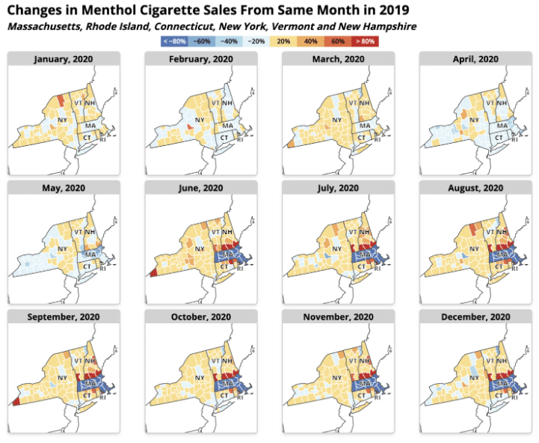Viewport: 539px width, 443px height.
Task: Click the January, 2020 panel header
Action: (64, 58)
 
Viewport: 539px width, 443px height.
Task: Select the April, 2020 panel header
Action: (475, 58)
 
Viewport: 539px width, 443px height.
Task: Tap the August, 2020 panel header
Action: (475, 188)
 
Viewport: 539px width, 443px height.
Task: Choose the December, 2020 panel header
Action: (475, 317)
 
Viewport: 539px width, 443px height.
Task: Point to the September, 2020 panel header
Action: (64, 317)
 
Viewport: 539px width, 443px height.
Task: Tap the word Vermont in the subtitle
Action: (289, 26)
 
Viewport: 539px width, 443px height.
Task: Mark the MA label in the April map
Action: (502, 124)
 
